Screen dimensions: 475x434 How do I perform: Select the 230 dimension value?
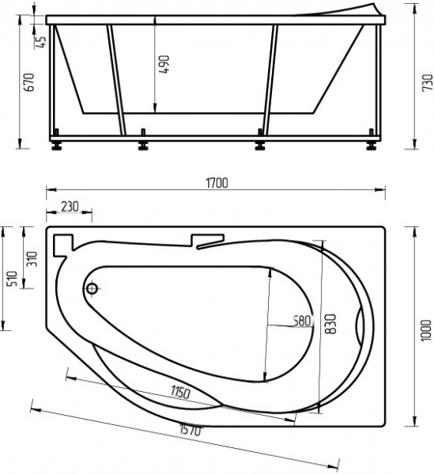70,206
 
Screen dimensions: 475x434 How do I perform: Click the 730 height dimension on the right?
428,82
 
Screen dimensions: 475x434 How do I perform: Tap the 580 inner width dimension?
300,321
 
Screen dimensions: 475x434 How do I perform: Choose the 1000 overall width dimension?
426,325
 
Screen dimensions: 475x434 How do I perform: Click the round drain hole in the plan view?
92,289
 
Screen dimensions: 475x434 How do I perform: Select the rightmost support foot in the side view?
371,144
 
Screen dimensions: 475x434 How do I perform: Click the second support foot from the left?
143,144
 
